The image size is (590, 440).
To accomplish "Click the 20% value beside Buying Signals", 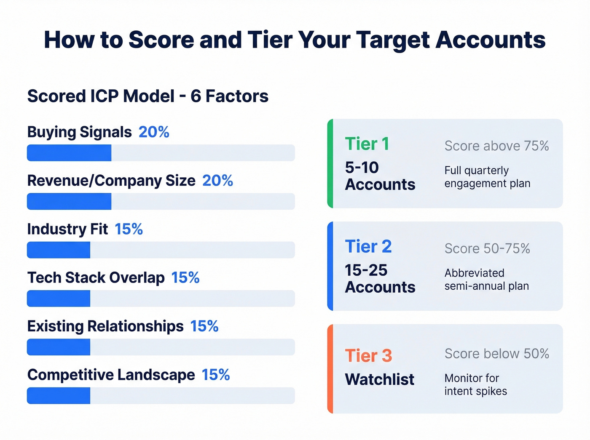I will coord(154,132).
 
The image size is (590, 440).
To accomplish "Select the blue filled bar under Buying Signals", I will coord(69,153).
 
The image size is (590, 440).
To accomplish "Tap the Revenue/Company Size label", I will coord(111,181).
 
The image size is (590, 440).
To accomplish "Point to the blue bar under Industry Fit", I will coord(59,250).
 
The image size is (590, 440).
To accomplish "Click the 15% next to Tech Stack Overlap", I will coord(185,278).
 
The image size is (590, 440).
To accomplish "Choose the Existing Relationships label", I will coord(105,326).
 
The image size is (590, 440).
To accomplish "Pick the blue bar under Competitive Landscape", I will coord(59,396).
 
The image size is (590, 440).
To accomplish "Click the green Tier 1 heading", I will coord(367,144).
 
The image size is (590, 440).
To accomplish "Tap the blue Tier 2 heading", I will coord(368,247).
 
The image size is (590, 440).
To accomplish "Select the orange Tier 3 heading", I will coord(368,356).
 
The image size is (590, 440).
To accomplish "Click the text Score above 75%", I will coord(496,146).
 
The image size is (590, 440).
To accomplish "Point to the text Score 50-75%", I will coord(487,249).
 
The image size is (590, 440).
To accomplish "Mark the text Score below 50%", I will coord(496,354).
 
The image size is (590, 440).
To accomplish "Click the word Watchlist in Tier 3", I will coord(379,379).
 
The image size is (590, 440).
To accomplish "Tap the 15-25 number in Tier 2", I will coord(366,270).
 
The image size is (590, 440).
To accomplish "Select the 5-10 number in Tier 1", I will coord(362,168).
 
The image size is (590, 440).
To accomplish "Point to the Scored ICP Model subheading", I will coord(147,96).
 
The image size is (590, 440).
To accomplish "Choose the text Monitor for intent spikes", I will coord(475,384).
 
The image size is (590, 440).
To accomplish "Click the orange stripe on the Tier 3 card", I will coord(330,369).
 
